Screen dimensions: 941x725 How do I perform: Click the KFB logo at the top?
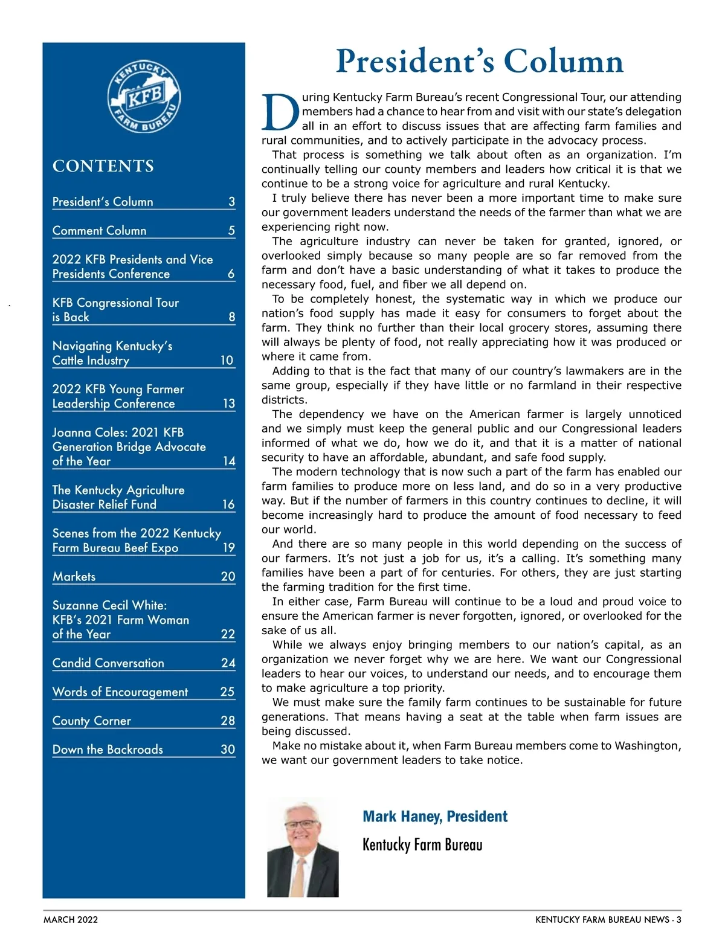click(144, 97)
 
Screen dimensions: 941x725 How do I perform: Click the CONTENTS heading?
click(103, 166)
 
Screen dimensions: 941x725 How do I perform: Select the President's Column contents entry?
click(103, 202)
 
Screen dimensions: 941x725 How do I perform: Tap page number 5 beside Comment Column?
click(231, 231)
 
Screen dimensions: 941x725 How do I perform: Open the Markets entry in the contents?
click(74, 577)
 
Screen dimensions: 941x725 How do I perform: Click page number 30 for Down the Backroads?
click(228, 750)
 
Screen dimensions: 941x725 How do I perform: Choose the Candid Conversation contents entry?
click(108, 663)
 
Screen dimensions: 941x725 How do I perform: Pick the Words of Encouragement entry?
click(120, 692)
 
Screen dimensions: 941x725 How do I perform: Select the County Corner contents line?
click(92, 721)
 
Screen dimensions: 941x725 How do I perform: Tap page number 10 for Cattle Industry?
click(227, 361)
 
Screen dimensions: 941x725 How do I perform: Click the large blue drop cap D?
click(280, 113)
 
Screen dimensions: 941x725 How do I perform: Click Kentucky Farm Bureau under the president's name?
click(422, 844)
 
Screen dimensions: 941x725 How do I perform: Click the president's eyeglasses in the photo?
click(303, 824)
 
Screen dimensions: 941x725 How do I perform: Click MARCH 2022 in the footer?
click(71, 920)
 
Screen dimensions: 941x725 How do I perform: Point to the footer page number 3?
click(678, 920)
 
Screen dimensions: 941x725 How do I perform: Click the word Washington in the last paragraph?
click(647, 746)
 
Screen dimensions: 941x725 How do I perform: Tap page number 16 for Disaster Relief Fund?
click(228, 505)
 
